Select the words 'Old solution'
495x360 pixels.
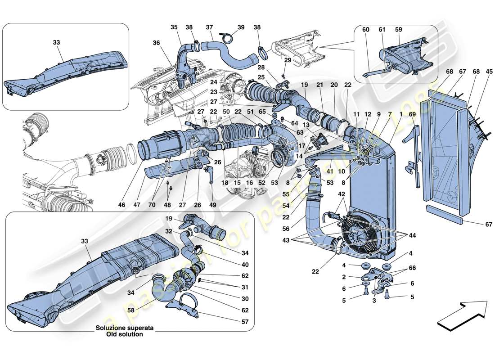[x=125, y=334]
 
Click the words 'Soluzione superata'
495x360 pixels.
[x=125, y=328]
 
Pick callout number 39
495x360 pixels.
[x=241, y=27]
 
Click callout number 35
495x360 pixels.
[x=174, y=27]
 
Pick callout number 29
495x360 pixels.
[x=288, y=60]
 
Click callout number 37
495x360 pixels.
[x=209, y=27]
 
